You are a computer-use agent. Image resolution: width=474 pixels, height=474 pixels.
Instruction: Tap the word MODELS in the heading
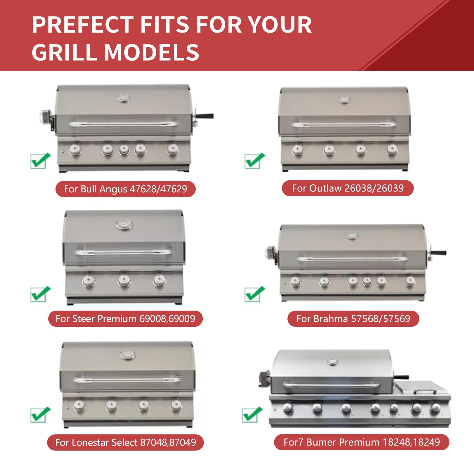tap(152, 52)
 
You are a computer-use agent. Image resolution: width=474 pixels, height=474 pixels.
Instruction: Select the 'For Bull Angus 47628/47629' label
tap(125, 189)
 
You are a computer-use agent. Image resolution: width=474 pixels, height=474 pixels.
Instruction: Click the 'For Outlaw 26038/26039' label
tap(348, 188)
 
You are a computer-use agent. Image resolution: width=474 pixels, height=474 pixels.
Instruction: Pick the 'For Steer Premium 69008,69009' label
tap(125, 319)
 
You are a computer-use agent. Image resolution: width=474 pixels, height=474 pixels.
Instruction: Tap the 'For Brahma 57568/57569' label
tap(353, 319)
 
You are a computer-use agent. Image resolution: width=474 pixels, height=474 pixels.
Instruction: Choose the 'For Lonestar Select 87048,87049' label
tap(125, 442)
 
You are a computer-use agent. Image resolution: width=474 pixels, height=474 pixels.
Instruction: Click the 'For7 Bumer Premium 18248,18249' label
tap(362, 442)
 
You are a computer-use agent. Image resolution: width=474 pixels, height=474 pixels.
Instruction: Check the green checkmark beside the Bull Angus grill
tap(40, 161)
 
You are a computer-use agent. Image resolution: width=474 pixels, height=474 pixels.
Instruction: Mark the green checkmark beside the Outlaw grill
tap(255, 161)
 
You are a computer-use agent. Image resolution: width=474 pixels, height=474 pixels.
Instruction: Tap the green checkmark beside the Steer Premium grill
tap(40, 294)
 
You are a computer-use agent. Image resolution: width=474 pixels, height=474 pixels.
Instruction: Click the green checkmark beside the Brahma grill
tap(255, 294)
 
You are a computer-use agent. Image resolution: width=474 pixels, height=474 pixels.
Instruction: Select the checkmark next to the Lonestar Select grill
tap(40, 415)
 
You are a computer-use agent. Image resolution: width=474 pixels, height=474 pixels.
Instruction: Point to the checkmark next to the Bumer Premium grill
tap(252, 415)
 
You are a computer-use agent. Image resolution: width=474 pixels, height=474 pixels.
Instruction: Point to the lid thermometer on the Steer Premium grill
tap(124, 225)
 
